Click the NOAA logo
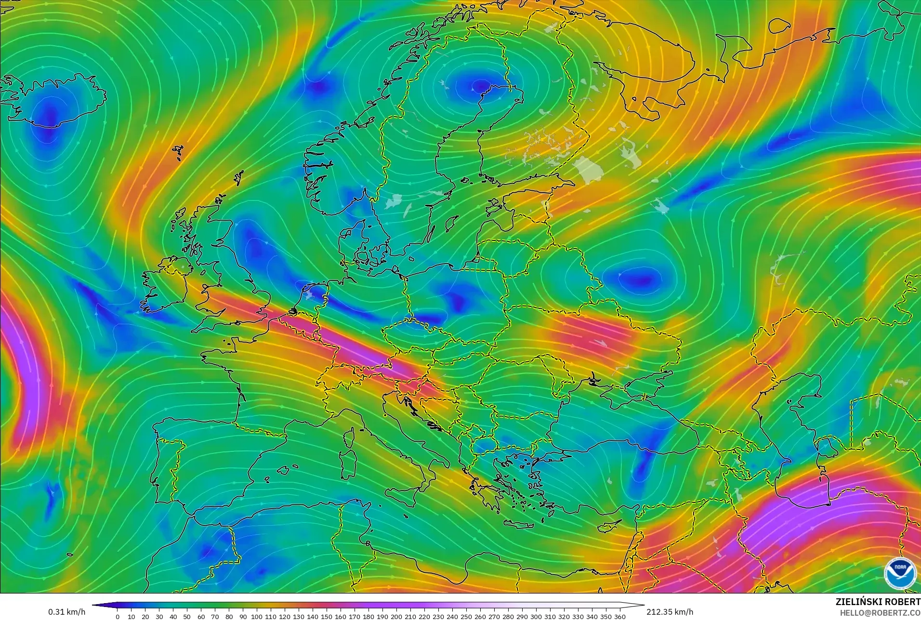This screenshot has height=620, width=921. pyautogui.click(x=900, y=573)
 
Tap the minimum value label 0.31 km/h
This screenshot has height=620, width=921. pyautogui.click(x=66, y=612)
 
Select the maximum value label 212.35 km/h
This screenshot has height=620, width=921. pyautogui.click(x=670, y=612)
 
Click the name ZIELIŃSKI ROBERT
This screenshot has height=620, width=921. pyautogui.click(x=878, y=602)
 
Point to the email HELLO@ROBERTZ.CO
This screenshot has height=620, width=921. pyautogui.click(x=880, y=613)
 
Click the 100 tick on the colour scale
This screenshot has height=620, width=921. pyautogui.click(x=257, y=617)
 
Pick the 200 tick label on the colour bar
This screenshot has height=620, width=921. pyautogui.click(x=396, y=617)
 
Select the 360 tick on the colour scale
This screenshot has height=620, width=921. pyautogui.click(x=620, y=617)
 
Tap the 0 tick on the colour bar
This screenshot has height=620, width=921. pyautogui.click(x=118, y=617)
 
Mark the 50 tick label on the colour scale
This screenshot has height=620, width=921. pyautogui.click(x=187, y=617)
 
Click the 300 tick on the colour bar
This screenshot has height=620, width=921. pyautogui.click(x=536, y=617)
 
